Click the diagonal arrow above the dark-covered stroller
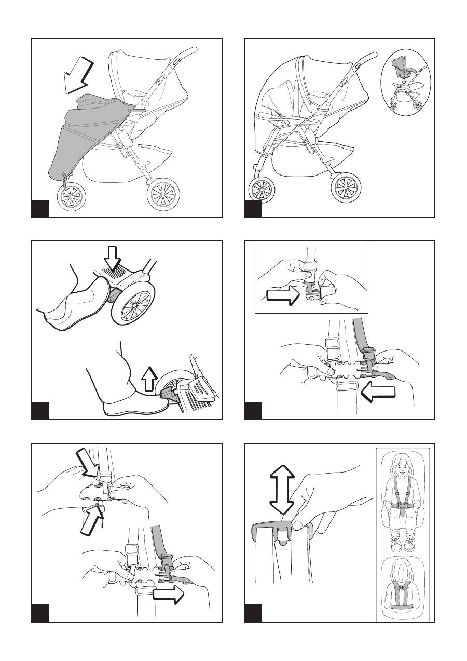pyautogui.click(x=77, y=75)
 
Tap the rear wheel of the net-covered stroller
pyautogui.click(x=346, y=189)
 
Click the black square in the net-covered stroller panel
pyautogui.click(x=253, y=209)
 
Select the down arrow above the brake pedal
pyautogui.click(x=112, y=256)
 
